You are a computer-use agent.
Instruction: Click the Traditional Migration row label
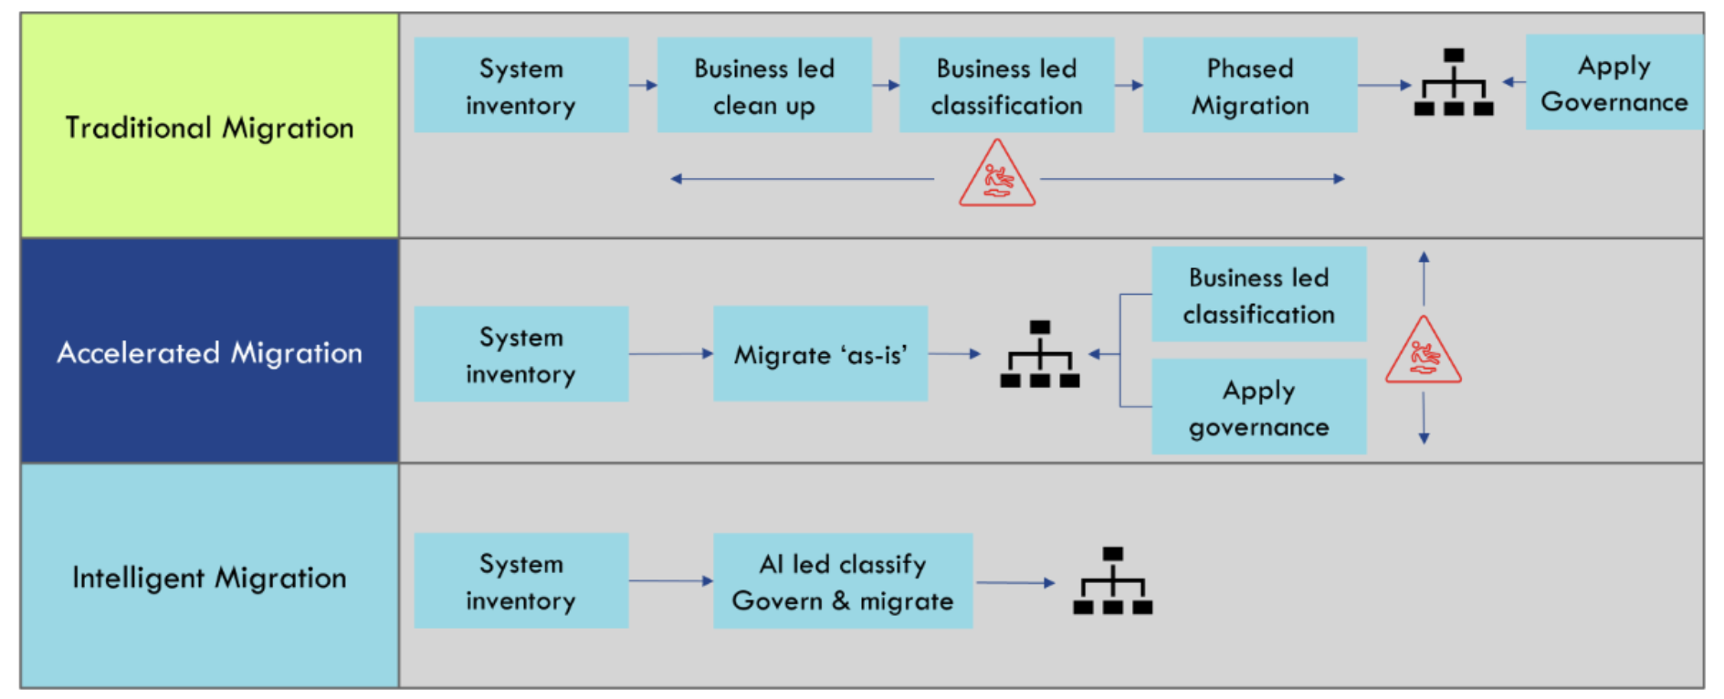point(209,127)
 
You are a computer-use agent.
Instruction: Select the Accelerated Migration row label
point(209,352)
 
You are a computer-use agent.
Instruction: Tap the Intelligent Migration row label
point(209,578)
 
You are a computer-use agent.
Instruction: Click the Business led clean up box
point(764,86)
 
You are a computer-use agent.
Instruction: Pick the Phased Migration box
point(1249,86)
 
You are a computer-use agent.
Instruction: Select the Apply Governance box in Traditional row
point(1614,83)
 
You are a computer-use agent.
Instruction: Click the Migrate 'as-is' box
point(820,354)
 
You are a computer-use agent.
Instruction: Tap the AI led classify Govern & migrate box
point(842,581)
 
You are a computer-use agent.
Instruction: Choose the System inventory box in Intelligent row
point(520,581)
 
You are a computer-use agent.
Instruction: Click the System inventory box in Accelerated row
point(520,354)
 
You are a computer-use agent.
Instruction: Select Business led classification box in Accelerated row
point(1258,295)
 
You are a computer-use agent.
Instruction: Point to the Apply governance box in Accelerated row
point(1258,407)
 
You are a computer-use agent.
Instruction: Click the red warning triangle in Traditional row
point(996,176)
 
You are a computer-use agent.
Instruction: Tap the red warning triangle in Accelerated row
point(1423,353)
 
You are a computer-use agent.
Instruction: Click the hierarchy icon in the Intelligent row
point(1112,581)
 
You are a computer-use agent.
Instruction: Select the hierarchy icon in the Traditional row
point(1454,83)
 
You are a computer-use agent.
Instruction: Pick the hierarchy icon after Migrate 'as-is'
point(1039,354)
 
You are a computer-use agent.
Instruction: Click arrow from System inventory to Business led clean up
point(643,85)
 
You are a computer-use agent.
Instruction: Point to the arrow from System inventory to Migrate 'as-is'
point(670,353)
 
